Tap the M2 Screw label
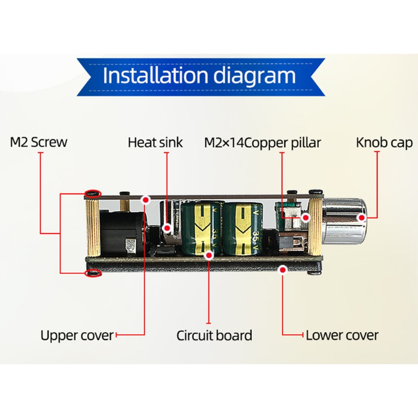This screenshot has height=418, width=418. tap(39, 142)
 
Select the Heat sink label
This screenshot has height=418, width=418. tap(155, 142)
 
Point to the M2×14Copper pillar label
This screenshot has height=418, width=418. tap(262, 142)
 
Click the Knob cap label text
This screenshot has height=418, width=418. tap(384, 142)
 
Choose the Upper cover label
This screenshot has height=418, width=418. tap(77, 335)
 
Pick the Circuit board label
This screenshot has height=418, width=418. tap(214, 335)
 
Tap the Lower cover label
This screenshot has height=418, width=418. tap(342, 335)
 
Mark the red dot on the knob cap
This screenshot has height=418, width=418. tap(362, 217)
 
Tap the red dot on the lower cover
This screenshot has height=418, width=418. tap(283, 269)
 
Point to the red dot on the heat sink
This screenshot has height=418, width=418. tap(167, 228)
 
